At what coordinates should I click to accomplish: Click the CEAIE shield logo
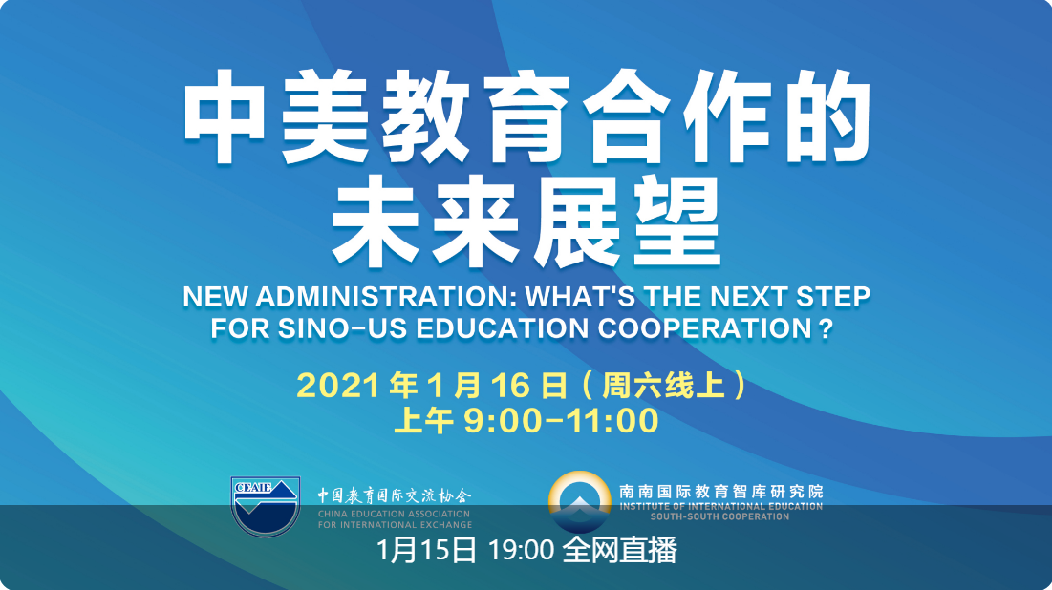265,506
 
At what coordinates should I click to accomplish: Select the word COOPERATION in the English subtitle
705,328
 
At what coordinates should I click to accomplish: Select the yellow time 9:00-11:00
561,420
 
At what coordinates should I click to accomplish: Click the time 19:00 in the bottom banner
521,551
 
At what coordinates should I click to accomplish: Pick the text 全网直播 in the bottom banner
619,551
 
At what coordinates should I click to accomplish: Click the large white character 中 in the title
225,116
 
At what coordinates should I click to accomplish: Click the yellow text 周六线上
663,386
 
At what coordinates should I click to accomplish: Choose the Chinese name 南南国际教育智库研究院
720,492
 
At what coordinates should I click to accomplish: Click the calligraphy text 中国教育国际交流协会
395,495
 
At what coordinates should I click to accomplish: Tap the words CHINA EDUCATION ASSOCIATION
395,515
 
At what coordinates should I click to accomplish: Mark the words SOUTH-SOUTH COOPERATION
719,516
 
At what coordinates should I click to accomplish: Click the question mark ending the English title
826,328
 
